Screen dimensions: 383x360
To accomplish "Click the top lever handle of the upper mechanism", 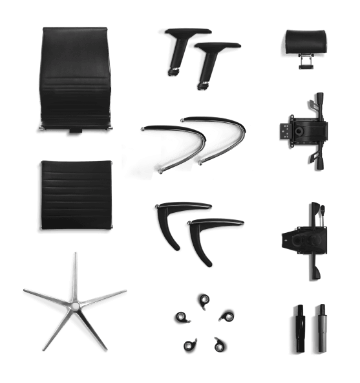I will coord(317,100).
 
